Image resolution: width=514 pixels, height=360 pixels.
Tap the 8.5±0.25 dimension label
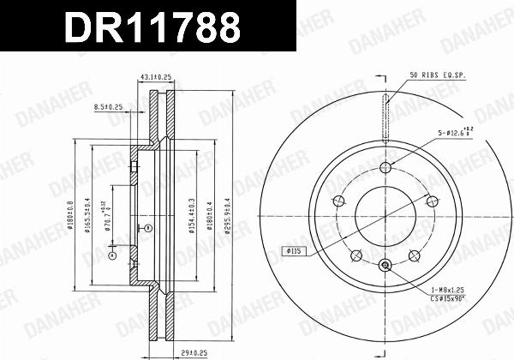[108, 107]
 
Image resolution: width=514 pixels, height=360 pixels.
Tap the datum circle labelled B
[147, 228]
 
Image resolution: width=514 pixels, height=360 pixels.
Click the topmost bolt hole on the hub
[385, 167]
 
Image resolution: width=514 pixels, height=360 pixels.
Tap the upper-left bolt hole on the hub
[338, 201]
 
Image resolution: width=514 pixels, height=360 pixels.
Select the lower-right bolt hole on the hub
[414, 255]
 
